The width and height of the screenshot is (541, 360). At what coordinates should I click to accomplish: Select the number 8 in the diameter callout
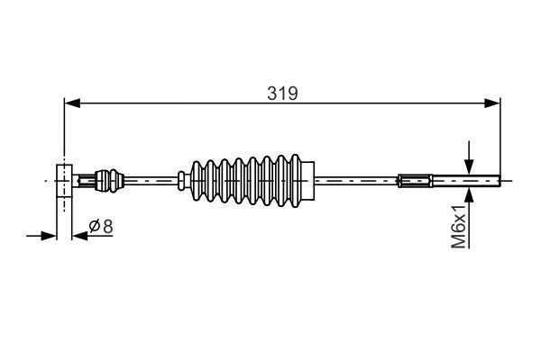click(x=107, y=227)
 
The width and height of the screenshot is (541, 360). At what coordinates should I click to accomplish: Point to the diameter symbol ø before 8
click(x=95, y=227)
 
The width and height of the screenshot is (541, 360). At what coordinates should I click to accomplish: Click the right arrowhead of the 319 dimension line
click(x=493, y=103)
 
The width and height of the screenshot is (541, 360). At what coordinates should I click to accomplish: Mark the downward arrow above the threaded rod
click(x=469, y=164)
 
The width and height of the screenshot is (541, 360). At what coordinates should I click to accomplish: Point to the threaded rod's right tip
click(x=498, y=180)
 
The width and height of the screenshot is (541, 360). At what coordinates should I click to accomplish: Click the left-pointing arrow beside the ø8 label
click(x=78, y=236)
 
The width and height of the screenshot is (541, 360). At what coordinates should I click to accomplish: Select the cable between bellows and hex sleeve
click(x=356, y=180)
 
